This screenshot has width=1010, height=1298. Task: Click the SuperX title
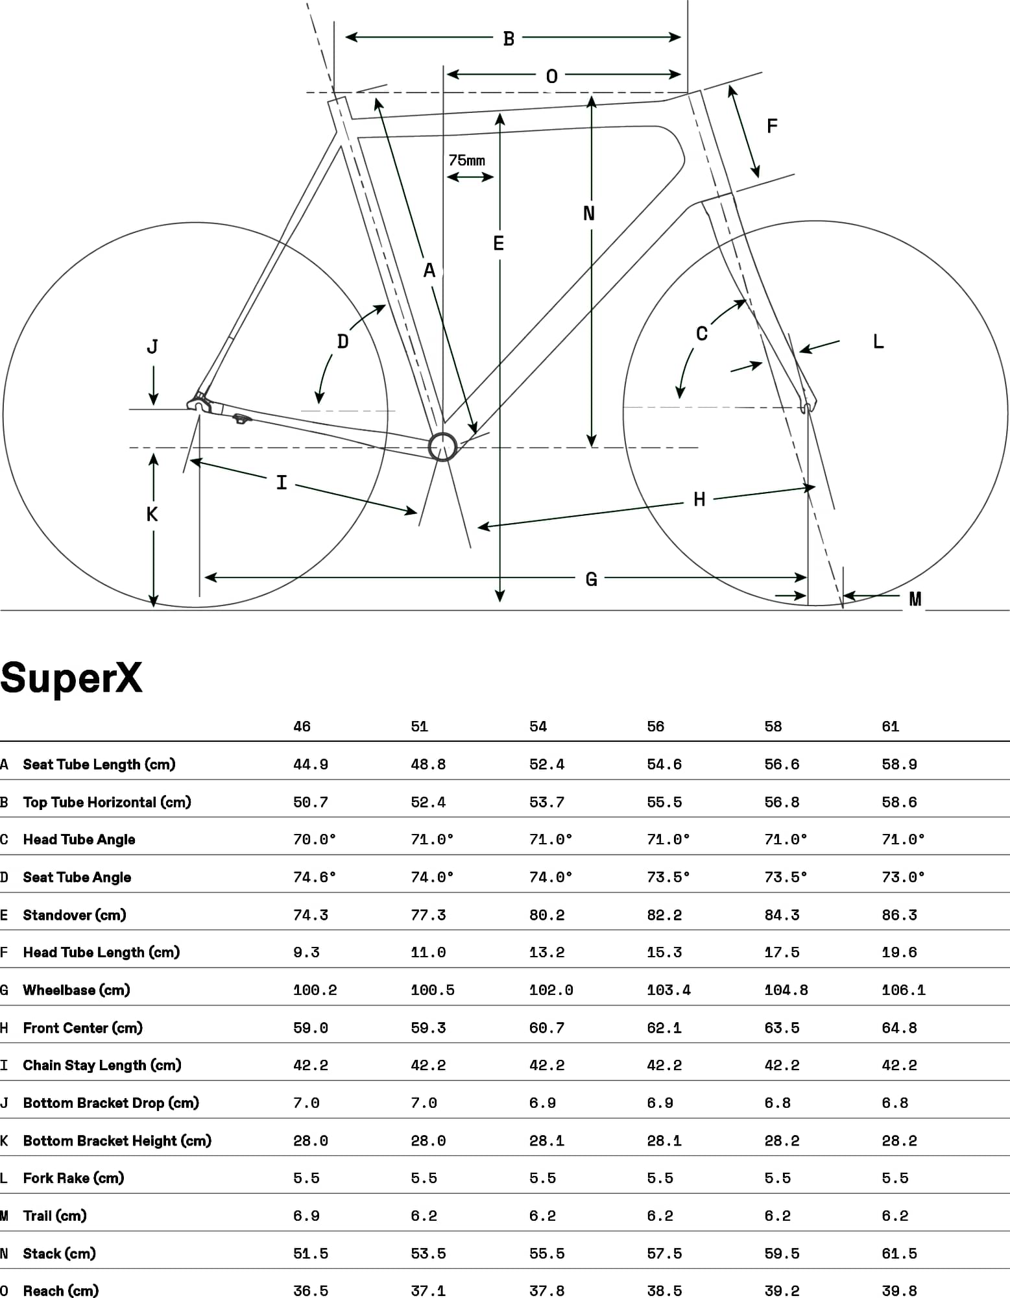[x=71, y=678]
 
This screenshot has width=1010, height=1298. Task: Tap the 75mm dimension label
[x=466, y=160]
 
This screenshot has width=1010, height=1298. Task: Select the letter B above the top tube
[x=509, y=39]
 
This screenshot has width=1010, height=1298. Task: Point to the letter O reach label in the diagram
[x=551, y=77]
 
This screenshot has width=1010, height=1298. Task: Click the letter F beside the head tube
[x=772, y=126]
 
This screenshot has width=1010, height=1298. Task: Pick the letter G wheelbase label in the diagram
[x=591, y=579]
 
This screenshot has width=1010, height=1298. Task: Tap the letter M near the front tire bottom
[x=915, y=599]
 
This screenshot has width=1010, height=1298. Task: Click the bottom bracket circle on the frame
[x=443, y=447]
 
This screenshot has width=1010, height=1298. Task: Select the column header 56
[x=655, y=726]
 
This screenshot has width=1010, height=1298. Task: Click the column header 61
[x=890, y=726]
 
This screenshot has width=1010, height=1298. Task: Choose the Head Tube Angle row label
[x=79, y=840]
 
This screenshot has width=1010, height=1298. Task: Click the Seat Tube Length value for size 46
[x=311, y=765]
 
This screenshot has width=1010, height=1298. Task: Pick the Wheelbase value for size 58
[x=786, y=990]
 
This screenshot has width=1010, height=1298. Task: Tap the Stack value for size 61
[x=899, y=1254]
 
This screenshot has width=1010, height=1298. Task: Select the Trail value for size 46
[x=306, y=1216]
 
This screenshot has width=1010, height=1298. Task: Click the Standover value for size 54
[x=547, y=915]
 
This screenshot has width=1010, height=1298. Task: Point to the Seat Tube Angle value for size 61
[x=903, y=877]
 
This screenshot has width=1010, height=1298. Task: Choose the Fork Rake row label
[x=73, y=1179]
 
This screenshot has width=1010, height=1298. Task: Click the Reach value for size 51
[x=428, y=1291]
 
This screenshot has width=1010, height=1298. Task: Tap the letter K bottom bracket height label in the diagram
[x=152, y=515]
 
